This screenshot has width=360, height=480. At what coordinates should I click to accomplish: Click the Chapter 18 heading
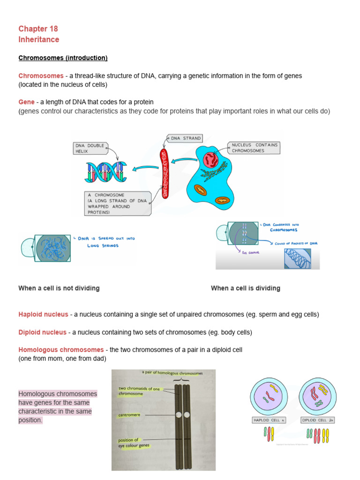click(38, 29)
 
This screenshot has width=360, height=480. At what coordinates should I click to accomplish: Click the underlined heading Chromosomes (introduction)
click(63, 58)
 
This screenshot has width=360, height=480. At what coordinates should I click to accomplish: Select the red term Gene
click(26, 102)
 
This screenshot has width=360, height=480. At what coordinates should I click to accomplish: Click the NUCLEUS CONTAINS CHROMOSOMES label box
click(254, 148)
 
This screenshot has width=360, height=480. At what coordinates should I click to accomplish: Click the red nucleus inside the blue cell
click(210, 160)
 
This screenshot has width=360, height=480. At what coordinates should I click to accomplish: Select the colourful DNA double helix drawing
click(106, 172)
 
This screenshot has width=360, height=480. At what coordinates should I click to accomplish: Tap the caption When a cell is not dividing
click(59, 288)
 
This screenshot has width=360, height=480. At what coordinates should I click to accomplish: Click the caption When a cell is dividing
click(245, 288)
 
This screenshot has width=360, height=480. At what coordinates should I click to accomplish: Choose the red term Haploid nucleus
click(43, 314)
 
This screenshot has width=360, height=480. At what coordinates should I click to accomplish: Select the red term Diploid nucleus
click(42, 332)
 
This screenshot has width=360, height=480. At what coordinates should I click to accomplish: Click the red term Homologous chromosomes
click(61, 350)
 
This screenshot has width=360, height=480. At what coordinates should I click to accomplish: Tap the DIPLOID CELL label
click(317, 420)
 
